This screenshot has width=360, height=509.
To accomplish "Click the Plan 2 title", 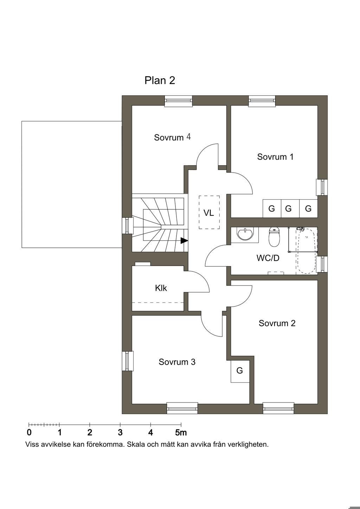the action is tap(160, 80).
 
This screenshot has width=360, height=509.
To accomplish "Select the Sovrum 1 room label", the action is tap(275, 157).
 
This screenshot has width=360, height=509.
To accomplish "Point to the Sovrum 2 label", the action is tap(277, 323).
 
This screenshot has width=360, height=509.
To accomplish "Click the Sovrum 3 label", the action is tap(177, 362).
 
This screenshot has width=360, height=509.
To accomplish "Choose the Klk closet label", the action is tap(161, 288).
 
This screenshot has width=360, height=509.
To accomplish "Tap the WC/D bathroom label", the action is tap(268, 258).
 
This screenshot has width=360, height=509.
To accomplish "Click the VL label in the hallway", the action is tap(209, 213).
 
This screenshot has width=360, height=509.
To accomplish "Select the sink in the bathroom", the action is tap(245, 233).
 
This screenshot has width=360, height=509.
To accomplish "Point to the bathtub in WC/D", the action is tap(307, 251).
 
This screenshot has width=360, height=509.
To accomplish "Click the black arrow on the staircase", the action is tap(184, 241).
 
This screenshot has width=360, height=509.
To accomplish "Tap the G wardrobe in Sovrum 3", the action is tap(240, 371).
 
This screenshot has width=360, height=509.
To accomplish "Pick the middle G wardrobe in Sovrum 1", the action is tap(289, 208).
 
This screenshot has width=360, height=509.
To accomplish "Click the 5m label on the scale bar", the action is tap(181, 432).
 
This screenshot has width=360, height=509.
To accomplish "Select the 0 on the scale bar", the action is tap(29, 432).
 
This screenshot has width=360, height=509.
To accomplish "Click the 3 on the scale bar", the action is tap(120, 432).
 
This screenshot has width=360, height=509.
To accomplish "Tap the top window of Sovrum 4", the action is tap(179, 101).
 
